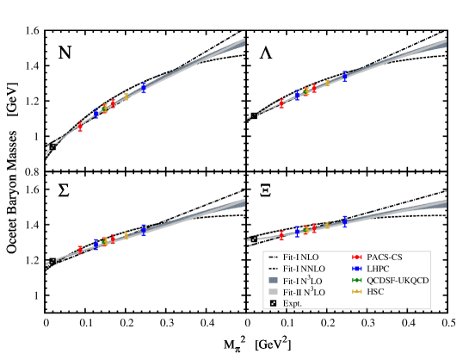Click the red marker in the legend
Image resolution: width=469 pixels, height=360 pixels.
pyautogui.click(x=357, y=257)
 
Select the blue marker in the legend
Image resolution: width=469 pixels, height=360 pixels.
pyautogui.click(x=357, y=269)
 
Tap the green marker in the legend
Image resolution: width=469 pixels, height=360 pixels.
pyautogui.click(x=357, y=280)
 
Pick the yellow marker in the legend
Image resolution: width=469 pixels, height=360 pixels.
pyautogui.click(x=357, y=291)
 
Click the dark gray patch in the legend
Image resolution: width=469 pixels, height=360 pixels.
pyautogui.click(x=273, y=280)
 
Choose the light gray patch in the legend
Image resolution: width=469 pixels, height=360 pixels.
pyautogui.click(x=273, y=291)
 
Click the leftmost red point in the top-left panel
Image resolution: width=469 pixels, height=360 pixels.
pyautogui.click(x=80, y=127)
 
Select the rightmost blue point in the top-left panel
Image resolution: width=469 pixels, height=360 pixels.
pyautogui.click(x=144, y=87)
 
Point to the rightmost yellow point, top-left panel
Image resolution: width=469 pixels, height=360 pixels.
pyautogui.click(x=126, y=96)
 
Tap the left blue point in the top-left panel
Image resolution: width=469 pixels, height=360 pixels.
pyautogui.click(x=96, y=113)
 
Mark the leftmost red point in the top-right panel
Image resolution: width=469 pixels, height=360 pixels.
pyautogui.click(x=281, y=103)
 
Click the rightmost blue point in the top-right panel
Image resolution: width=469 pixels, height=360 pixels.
pyautogui.click(x=345, y=76)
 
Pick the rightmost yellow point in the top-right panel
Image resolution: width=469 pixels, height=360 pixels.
pyautogui.click(x=327, y=83)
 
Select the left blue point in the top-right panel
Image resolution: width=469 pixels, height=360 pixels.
pyautogui.click(x=298, y=95)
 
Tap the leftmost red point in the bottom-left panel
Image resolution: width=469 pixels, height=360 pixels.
pyautogui.click(x=80, y=250)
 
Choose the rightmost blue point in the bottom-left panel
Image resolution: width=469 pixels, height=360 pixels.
pyautogui.click(x=144, y=229)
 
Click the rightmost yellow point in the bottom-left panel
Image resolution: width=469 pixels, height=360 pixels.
pyautogui.click(x=126, y=234)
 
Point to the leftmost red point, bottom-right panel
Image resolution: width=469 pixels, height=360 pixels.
pyautogui.click(x=281, y=235)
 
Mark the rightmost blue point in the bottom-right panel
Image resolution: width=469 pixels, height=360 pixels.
pyautogui.click(x=345, y=221)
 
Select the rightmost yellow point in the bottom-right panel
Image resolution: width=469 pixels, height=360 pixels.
pyautogui.click(x=327, y=226)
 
